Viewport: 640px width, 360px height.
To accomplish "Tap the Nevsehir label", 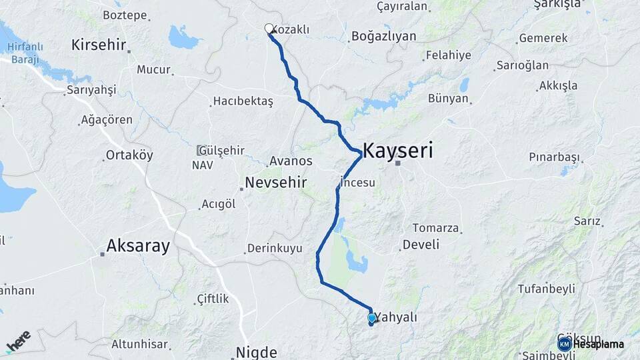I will pyautogui.click(x=275, y=182).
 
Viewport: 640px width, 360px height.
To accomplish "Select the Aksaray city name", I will pyautogui.click(x=139, y=246).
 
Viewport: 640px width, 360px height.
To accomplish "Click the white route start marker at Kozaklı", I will pyautogui.click(x=269, y=29).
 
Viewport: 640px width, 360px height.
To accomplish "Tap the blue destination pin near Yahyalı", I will pyautogui.click(x=372, y=318).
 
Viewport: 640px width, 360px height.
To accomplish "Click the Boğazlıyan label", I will pyautogui.click(x=383, y=36).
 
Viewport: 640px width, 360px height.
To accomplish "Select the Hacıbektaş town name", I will pyautogui.click(x=243, y=101).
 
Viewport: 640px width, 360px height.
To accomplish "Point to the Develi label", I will pyautogui.click(x=421, y=245).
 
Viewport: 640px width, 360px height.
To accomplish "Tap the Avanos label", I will pyautogui.click(x=291, y=161).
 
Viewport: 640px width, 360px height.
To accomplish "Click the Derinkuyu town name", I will pyautogui.click(x=275, y=249).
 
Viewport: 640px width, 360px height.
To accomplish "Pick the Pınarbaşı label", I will pyautogui.click(x=555, y=157).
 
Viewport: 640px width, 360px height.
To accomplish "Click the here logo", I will pyautogui.click(x=18, y=340).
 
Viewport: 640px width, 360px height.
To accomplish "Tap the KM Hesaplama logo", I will pyautogui.click(x=591, y=344).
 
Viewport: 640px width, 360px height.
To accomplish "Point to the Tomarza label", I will pyautogui.click(x=436, y=228).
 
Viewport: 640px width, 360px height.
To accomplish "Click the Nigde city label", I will pyautogui.click(x=256, y=351).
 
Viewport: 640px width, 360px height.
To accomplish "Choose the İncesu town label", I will pyautogui.click(x=359, y=182).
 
